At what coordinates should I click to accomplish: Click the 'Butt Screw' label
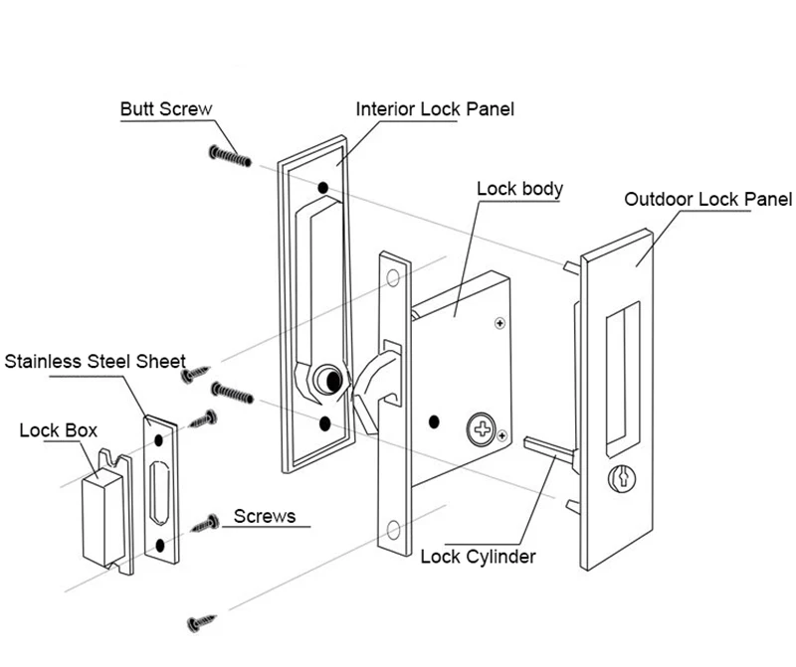point(166,108)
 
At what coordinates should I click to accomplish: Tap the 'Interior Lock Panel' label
point(435,108)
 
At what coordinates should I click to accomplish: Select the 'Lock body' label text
point(519,188)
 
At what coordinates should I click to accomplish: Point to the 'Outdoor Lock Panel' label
point(707,199)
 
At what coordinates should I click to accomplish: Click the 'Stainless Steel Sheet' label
point(95,360)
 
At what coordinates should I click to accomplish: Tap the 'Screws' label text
point(264,516)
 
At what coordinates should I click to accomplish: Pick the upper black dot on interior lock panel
point(323,187)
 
